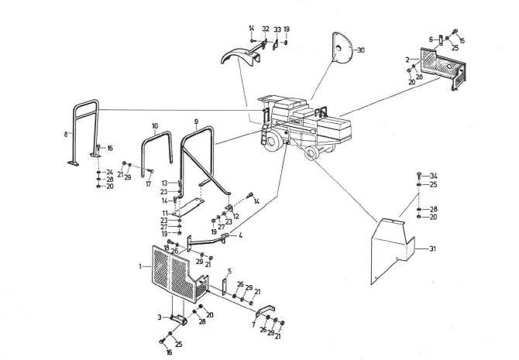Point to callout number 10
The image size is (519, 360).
pos(155,125)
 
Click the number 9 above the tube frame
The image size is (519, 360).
pos(196,122)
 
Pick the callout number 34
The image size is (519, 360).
pos(434,176)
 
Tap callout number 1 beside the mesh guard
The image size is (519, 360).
pos(139,266)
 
